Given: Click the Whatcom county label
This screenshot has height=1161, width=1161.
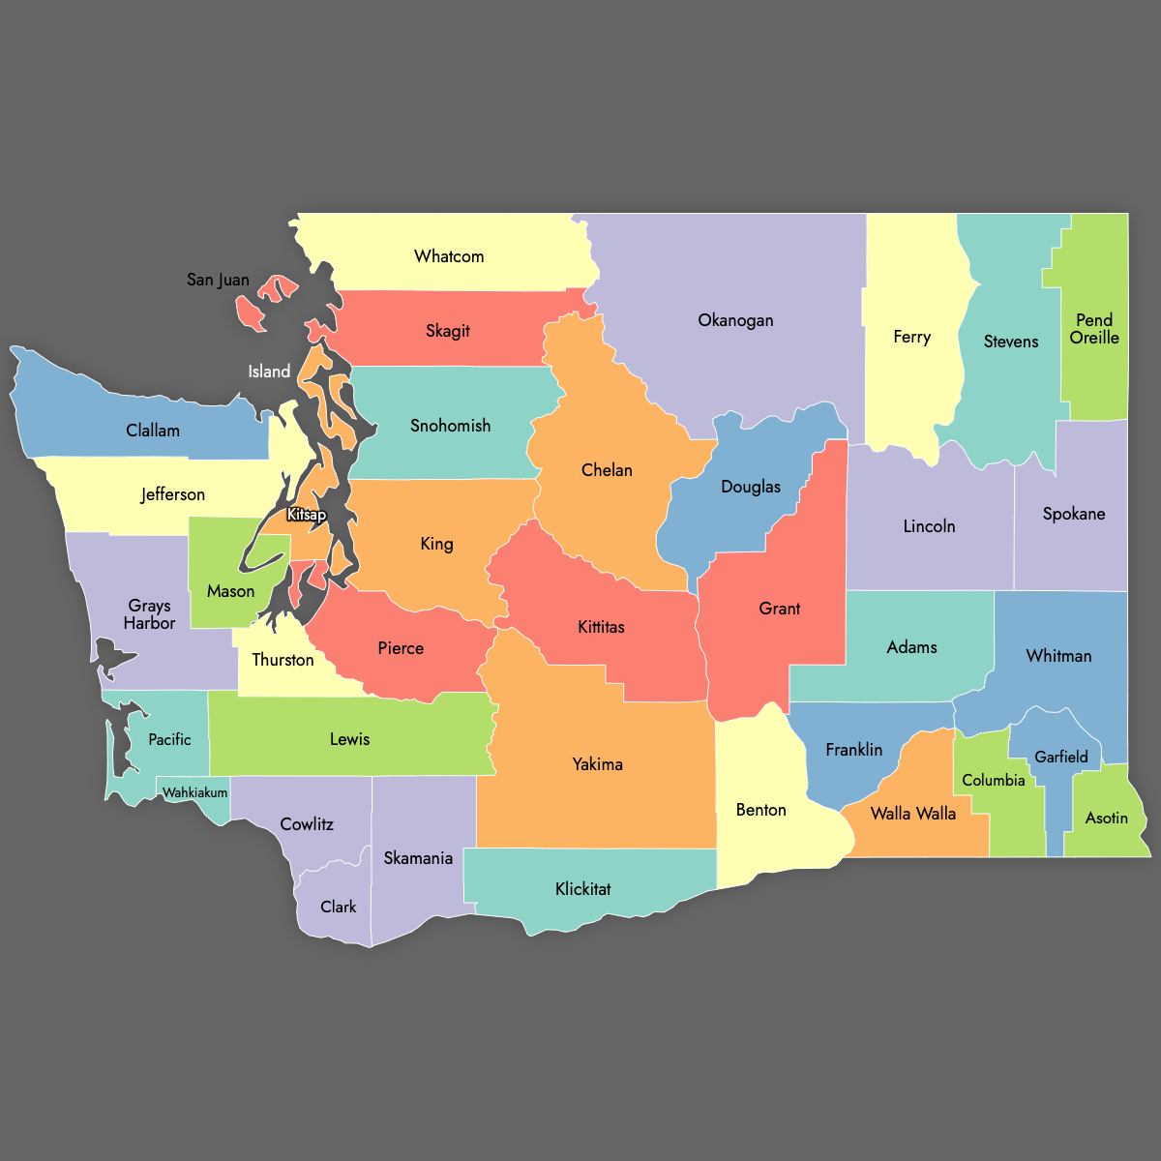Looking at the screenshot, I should point(449,256).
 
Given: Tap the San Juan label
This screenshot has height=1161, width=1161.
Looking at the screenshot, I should point(218,280).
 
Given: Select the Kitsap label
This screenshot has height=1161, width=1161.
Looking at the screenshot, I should point(307,515).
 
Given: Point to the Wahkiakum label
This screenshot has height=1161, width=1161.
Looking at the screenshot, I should point(195,792).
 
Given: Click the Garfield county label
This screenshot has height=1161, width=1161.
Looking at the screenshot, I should point(1061,757).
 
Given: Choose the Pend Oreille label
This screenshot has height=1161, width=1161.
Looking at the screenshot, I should point(1094,329).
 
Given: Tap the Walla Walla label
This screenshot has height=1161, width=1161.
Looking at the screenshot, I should point(913,814).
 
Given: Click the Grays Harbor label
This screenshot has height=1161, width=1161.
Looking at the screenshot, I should point(149,614).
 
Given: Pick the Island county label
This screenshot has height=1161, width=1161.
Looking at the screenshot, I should point(269,372).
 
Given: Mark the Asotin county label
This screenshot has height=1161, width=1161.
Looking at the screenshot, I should point(1107,819).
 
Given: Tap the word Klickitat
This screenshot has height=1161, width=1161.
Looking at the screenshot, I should point(583,889).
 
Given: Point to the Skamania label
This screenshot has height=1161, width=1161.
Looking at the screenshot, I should point(418,858).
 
